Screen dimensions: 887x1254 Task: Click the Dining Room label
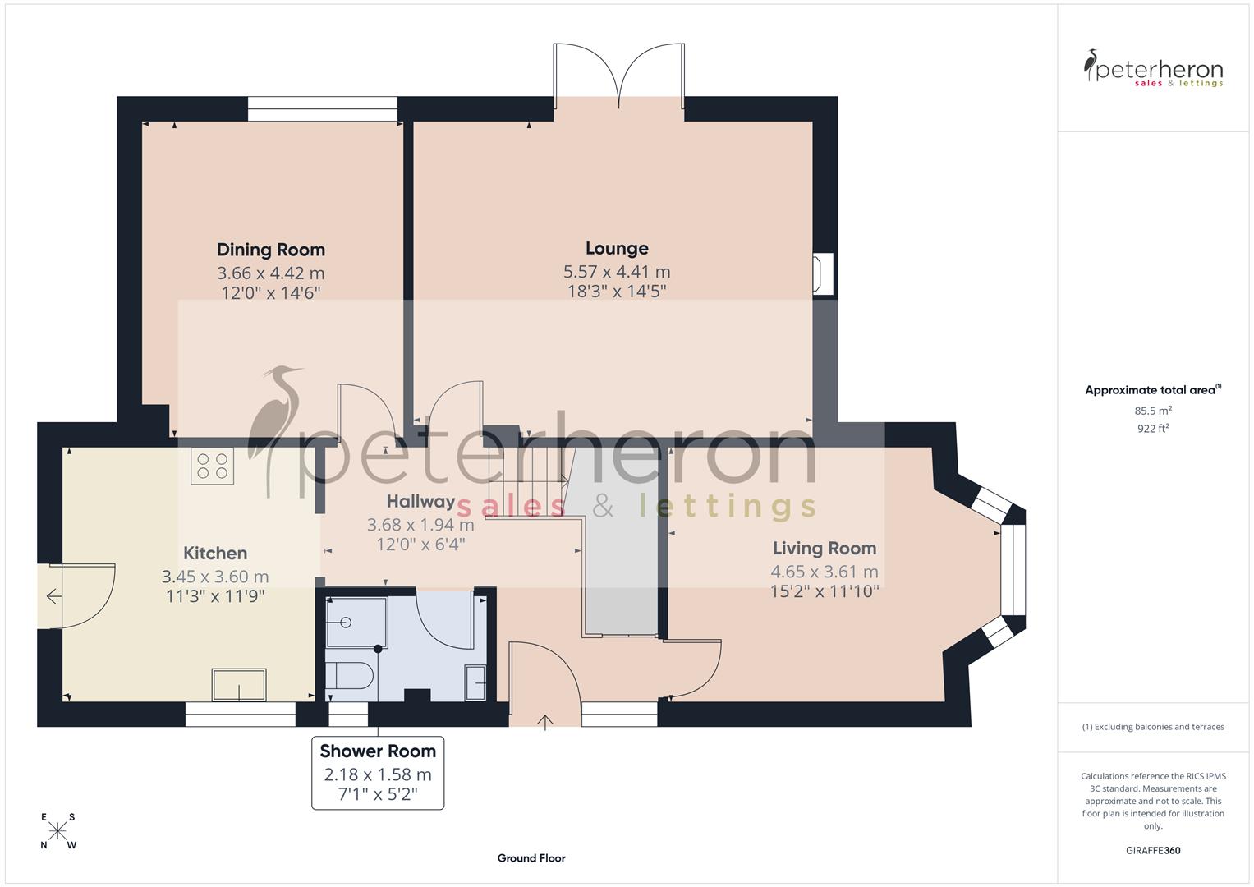tap(270, 250)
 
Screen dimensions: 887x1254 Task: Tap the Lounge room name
tap(617, 248)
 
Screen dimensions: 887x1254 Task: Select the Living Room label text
tap(824, 548)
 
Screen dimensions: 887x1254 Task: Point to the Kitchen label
tap(215, 553)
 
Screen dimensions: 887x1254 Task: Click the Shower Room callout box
tap(378, 772)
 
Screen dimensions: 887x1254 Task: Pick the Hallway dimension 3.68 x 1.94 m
tap(420, 524)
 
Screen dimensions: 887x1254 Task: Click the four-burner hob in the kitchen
tap(212, 466)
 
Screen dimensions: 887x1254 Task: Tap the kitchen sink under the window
tap(239, 685)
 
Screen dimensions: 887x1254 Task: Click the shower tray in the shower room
tap(356, 623)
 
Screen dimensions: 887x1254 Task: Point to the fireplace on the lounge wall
tap(822, 273)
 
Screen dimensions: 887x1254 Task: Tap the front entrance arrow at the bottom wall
tap(544, 721)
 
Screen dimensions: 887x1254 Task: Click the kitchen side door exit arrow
tap(53, 596)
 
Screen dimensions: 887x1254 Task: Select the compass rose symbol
tap(57, 831)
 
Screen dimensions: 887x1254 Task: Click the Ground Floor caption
tap(531, 858)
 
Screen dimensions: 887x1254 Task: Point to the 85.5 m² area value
tap(1152, 410)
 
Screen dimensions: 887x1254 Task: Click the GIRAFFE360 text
tap(1152, 850)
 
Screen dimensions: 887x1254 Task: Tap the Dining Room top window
tap(322, 109)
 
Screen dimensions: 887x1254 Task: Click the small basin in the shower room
tap(475, 682)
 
